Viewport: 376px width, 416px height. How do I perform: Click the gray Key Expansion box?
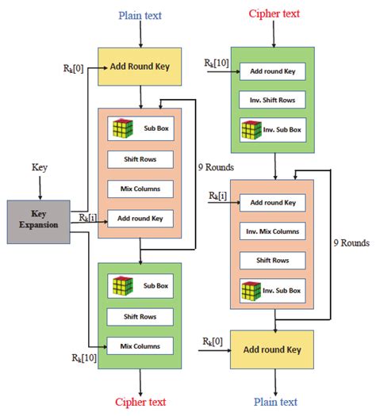click(39, 221)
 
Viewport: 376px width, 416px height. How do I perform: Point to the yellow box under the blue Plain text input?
click(140, 67)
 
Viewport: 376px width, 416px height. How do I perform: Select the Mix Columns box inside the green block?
click(140, 345)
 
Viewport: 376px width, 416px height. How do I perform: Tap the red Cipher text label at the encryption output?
click(140, 401)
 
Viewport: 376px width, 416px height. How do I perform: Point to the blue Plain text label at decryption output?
click(275, 401)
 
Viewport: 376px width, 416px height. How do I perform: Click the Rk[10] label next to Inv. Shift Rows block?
click(217, 63)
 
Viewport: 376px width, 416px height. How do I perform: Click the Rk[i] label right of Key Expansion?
click(88, 216)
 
